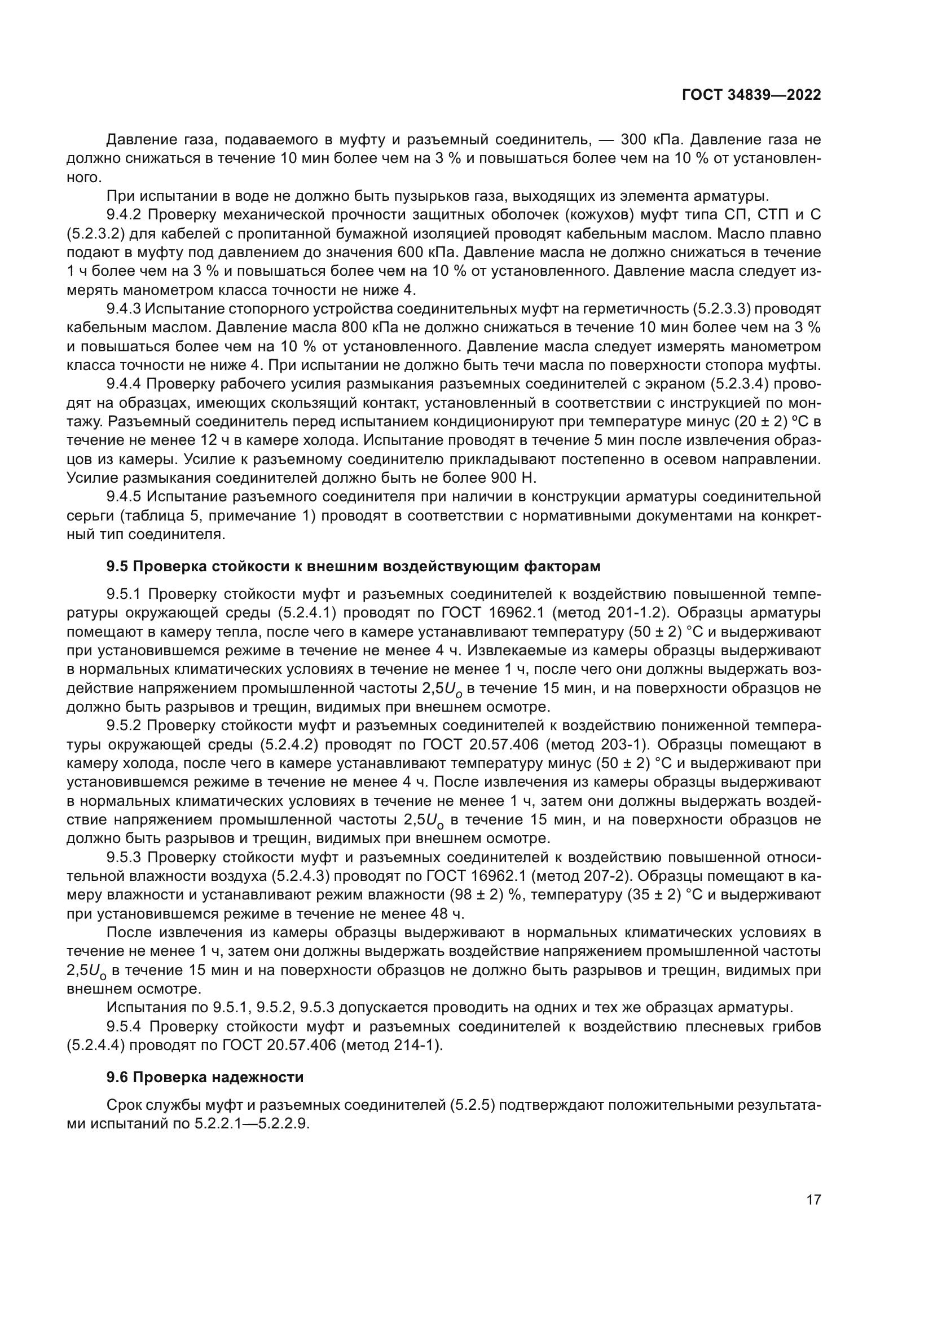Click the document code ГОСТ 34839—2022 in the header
pyautogui.click(x=751, y=95)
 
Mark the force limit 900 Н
pyautogui.click(x=513, y=478)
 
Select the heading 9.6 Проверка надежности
pyautogui.click(x=205, y=1077)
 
